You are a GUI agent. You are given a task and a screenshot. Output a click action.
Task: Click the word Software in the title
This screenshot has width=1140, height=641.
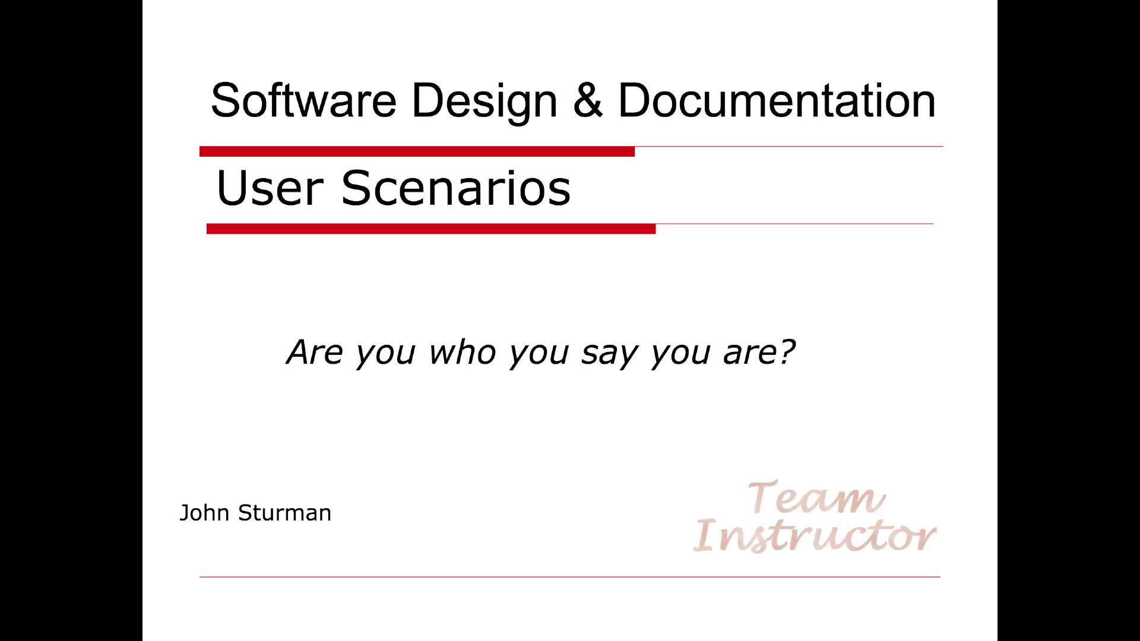(303, 100)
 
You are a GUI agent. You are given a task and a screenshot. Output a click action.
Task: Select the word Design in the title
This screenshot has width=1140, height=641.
(484, 101)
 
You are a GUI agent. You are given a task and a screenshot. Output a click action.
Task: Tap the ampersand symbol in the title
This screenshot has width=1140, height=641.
(588, 100)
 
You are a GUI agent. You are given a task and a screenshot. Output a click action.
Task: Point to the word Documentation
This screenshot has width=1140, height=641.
(777, 100)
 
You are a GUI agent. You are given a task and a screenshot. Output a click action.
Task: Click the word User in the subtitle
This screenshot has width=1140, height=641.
(269, 188)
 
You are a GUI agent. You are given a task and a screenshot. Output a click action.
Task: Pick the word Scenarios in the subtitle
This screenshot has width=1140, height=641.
(455, 188)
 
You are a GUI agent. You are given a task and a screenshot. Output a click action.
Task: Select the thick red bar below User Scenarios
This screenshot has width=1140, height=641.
(430, 229)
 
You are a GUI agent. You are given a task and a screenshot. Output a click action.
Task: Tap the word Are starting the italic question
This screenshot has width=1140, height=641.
(315, 352)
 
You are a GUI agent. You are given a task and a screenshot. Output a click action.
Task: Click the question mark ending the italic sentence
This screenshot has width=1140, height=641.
(785, 351)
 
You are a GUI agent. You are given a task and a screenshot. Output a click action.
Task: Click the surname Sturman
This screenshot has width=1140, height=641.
(284, 513)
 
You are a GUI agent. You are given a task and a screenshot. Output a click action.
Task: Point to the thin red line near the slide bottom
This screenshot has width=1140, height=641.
(570, 576)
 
